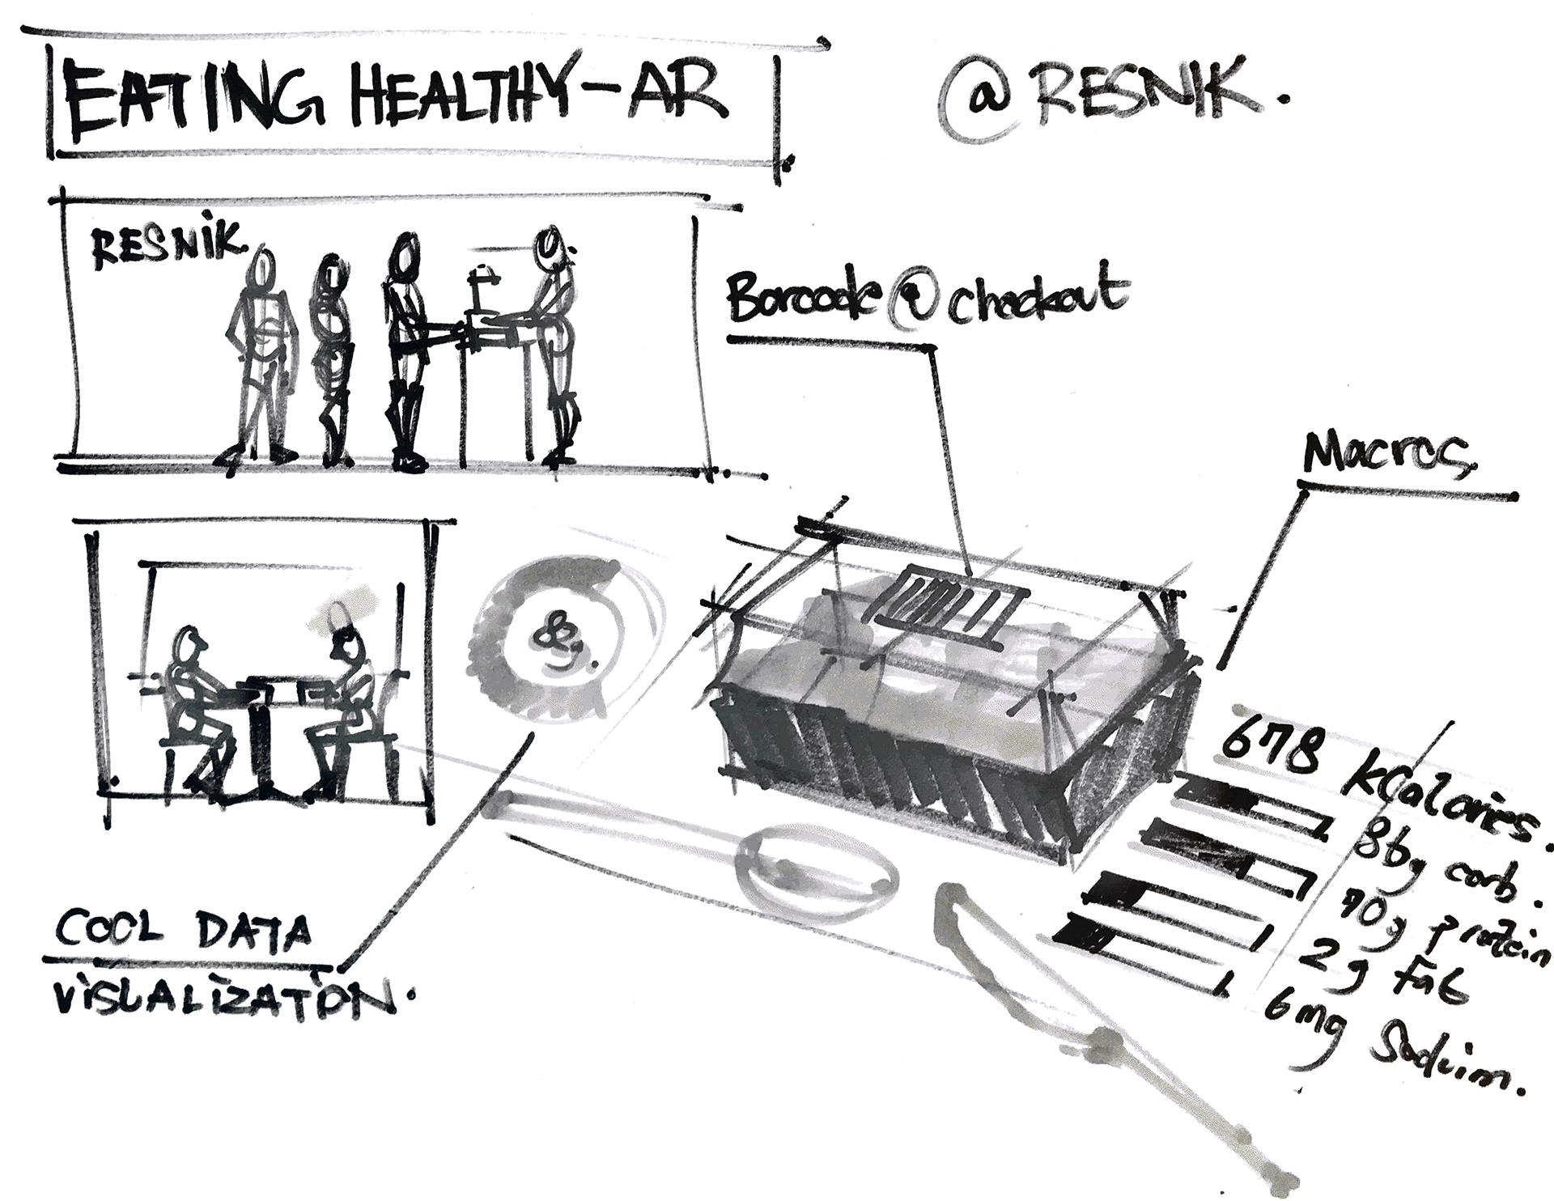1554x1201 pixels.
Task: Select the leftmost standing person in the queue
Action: coord(260,356)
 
